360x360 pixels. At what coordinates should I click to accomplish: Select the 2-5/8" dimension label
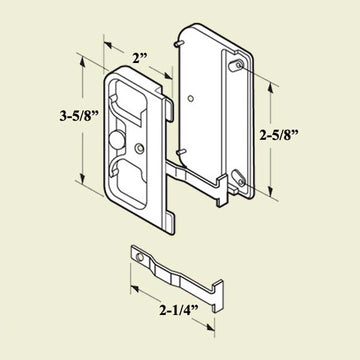tap(279, 135)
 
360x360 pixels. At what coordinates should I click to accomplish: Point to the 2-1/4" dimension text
tap(179, 311)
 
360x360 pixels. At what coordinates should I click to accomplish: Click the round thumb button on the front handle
tap(116, 140)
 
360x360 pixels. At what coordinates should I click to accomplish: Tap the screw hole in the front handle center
tap(140, 148)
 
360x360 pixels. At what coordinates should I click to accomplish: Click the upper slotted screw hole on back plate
tap(236, 65)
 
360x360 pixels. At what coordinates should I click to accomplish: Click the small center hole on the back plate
tap(190, 98)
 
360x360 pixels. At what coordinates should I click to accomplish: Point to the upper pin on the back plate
tap(178, 44)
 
